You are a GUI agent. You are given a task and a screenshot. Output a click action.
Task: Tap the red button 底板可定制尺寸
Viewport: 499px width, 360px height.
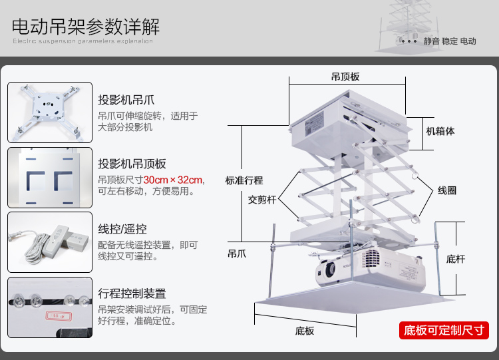[444, 330]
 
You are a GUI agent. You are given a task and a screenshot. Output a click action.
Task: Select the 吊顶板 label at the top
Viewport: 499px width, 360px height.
[345, 77]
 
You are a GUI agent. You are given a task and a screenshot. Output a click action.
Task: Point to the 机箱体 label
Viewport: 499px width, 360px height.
[440, 131]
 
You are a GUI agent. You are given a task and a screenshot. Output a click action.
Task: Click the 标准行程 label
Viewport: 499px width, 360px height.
[244, 180]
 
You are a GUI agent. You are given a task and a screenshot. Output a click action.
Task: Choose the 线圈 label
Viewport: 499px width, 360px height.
[446, 190]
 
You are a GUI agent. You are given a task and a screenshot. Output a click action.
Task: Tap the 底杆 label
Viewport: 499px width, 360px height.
[456, 259]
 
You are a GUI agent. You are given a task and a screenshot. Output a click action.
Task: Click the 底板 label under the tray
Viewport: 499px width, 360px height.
[305, 331]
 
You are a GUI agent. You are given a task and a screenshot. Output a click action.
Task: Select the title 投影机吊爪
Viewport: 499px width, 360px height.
[126, 100]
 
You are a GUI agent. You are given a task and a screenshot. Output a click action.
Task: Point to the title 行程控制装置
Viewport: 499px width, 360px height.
[132, 293]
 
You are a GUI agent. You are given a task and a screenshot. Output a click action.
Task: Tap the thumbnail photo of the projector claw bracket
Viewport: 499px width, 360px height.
[50, 112]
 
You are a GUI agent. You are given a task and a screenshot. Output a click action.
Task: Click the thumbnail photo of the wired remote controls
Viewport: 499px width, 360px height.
[50, 242]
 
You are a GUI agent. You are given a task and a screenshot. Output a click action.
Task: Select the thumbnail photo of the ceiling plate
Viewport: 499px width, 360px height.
[50, 178]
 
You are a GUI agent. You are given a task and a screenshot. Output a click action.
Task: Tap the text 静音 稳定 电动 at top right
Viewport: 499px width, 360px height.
[450, 41]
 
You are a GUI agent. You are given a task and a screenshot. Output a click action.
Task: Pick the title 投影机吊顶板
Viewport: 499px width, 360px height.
[132, 164]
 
